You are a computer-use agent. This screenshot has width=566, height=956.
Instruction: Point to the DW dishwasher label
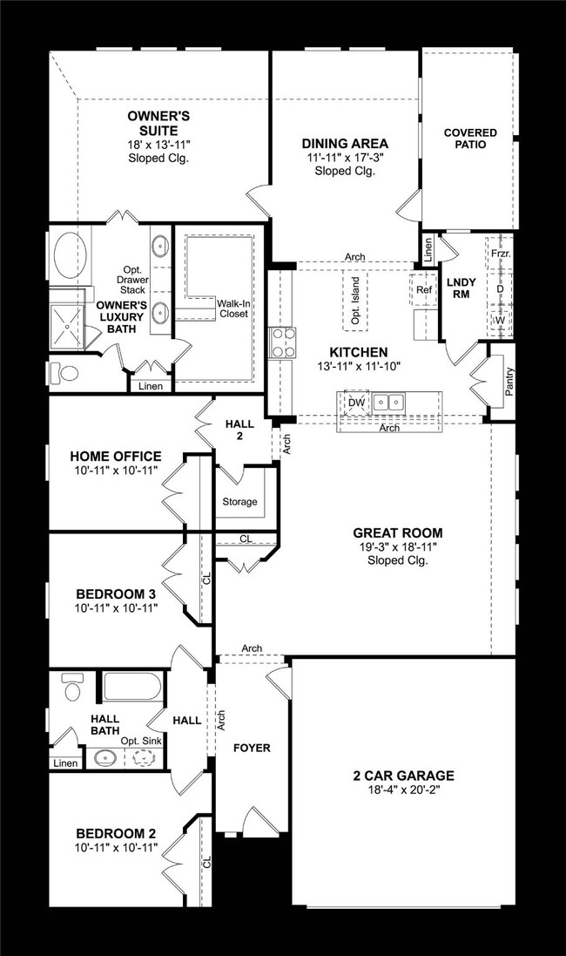355,403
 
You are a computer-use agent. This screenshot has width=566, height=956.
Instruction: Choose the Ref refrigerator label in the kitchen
424,289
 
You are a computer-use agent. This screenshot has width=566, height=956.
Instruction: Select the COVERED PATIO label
470,139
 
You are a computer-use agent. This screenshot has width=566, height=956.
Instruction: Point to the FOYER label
252,748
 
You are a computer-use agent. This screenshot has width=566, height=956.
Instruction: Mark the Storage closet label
239,502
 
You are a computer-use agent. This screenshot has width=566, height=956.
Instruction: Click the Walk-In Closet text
232,308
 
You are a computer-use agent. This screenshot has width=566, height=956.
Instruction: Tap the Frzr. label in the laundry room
500,253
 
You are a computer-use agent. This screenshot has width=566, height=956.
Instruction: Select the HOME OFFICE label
116,456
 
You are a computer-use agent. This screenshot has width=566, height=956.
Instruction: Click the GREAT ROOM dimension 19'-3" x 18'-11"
397,547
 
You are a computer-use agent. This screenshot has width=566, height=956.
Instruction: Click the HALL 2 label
239,429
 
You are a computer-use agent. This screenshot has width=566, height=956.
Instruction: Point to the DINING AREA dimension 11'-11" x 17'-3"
345,158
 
